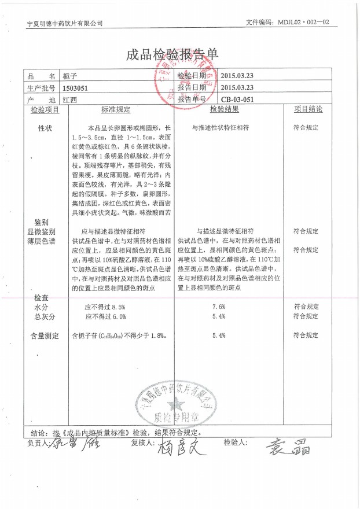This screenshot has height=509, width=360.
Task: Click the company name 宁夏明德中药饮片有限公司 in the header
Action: click(65, 23)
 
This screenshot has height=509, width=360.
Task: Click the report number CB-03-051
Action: click(237, 99)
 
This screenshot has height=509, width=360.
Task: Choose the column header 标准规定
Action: click(116, 109)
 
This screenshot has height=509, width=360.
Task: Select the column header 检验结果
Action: click(225, 109)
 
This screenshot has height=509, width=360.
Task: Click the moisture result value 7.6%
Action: click(219, 307)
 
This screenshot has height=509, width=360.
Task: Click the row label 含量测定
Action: click(45, 335)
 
